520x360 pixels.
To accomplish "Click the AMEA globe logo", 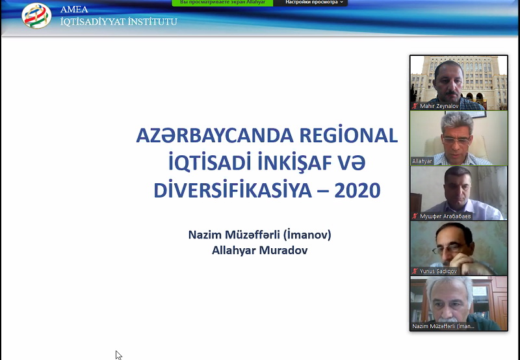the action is (36, 16).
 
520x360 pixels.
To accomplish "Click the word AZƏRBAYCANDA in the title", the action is (215, 135).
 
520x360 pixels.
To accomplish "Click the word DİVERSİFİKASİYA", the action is (232, 190).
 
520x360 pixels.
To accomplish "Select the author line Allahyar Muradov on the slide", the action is (259, 250).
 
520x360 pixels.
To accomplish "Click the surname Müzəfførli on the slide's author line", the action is (252, 235).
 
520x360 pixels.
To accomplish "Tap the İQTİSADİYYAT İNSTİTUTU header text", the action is (119, 22).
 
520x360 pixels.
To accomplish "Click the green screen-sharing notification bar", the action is (222, 3).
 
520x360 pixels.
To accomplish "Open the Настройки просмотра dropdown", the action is (314, 3).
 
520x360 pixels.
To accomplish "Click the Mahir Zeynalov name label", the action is (439, 106).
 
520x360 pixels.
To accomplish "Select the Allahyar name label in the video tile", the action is (422, 161).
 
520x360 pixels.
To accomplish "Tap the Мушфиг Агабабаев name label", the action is (445, 216).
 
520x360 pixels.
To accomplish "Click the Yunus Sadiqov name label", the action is (438, 271).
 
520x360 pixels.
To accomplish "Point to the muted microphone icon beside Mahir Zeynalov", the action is (415, 106).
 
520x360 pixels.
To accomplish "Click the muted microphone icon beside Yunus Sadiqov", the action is (415, 271).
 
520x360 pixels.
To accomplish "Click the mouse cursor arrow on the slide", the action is (118, 355).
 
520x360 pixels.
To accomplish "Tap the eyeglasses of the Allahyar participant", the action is (457, 140).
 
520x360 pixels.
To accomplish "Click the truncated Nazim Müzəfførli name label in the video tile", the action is (443, 326).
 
